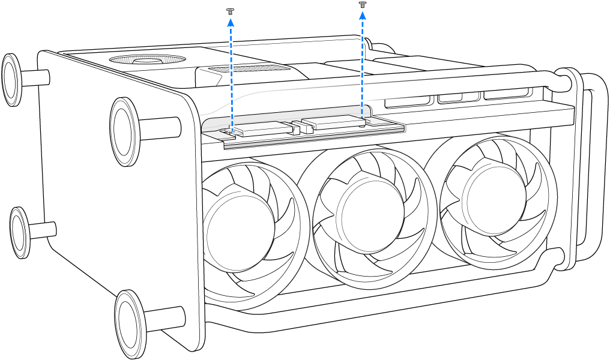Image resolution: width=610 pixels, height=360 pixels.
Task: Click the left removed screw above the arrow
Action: tap(229, 11)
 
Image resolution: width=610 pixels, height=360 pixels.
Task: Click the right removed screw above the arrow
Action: tap(362, 4)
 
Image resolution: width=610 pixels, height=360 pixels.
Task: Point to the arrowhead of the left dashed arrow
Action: tap(230, 22)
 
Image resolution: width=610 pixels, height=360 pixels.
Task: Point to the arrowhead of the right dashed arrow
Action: tap(362, 14)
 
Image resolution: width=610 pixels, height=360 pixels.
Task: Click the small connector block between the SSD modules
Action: tap(295, 128)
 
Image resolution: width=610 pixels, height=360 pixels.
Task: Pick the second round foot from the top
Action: tap(125, 131)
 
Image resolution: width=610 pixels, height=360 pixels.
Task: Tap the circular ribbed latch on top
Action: tap(147, 60)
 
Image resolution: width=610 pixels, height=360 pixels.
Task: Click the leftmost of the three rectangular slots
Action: tap(409, 100)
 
